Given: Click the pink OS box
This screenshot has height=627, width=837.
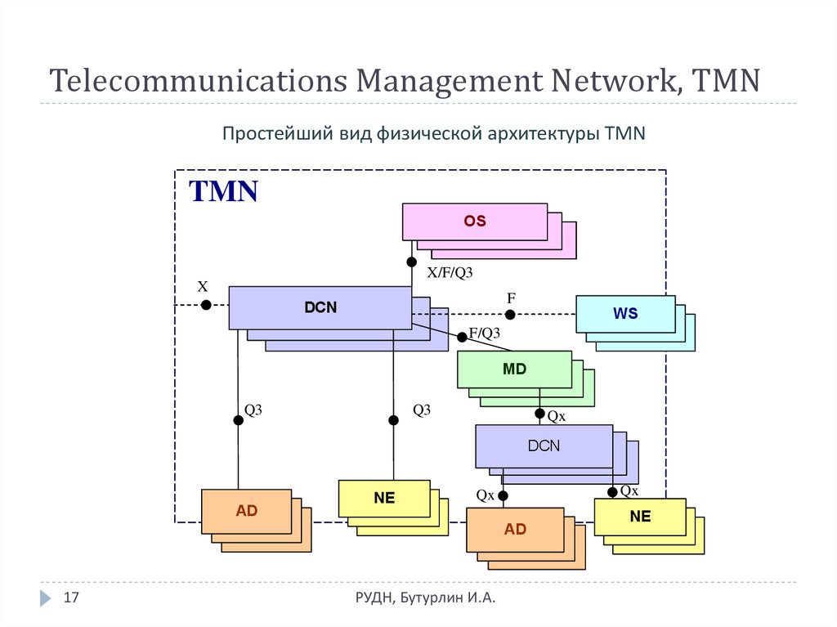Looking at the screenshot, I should tap(475, 222).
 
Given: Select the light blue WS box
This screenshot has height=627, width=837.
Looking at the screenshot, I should tap(625, 314).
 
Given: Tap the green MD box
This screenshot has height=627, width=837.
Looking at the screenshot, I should tap(514, 369).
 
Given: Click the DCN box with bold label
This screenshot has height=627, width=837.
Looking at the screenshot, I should tap(320, 307).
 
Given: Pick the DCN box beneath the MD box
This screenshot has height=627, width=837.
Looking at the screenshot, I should tap(544, 446).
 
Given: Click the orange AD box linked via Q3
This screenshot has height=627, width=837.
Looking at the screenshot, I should tap(246, 511).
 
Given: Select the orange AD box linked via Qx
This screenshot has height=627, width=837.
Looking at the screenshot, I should tap(515, 529).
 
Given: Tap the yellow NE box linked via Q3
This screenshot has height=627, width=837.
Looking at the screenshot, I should tap(384, 499).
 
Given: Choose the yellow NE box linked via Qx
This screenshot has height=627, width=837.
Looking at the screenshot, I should tap(640, 517).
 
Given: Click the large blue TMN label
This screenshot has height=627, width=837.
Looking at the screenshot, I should tap(224, 191).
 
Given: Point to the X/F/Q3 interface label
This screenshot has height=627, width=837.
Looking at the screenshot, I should tap(450, 273).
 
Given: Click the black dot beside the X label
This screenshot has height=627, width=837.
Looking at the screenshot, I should tap(206, 305).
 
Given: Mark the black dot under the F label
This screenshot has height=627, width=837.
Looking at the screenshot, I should tap(510, 315).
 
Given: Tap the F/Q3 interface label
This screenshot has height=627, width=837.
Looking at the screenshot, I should tap(484, 334).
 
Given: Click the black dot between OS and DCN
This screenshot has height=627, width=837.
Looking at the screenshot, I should tap(412, 262).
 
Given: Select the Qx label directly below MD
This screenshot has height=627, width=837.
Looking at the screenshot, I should tap(557, 416).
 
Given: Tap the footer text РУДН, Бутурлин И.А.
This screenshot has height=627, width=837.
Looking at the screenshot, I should tap(425, 599).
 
